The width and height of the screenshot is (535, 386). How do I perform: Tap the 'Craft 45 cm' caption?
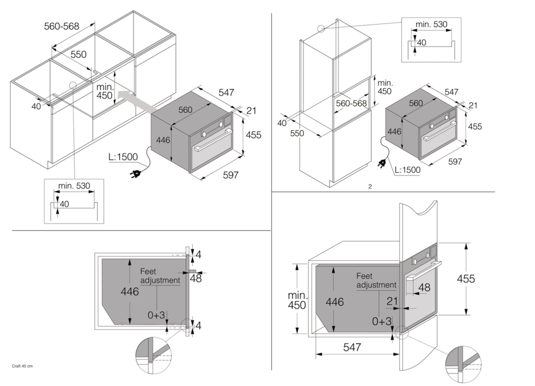pos(22,366)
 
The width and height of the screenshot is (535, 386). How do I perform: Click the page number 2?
pos(370,187)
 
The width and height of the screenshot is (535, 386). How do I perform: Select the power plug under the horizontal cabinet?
pos(135,173)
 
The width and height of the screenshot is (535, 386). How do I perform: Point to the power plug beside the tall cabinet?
pos(383,163)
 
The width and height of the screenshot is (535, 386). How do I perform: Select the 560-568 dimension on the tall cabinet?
pos(351,103)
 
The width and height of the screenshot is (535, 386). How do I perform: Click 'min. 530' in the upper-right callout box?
pos(431,24)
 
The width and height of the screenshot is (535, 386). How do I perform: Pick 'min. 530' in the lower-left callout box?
pos(74,186)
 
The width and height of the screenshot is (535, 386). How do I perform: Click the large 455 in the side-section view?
pos(466,279)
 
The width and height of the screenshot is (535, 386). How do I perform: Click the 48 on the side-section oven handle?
pos(424,288)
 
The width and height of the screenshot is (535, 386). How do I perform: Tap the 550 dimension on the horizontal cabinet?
pos(78,55)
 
